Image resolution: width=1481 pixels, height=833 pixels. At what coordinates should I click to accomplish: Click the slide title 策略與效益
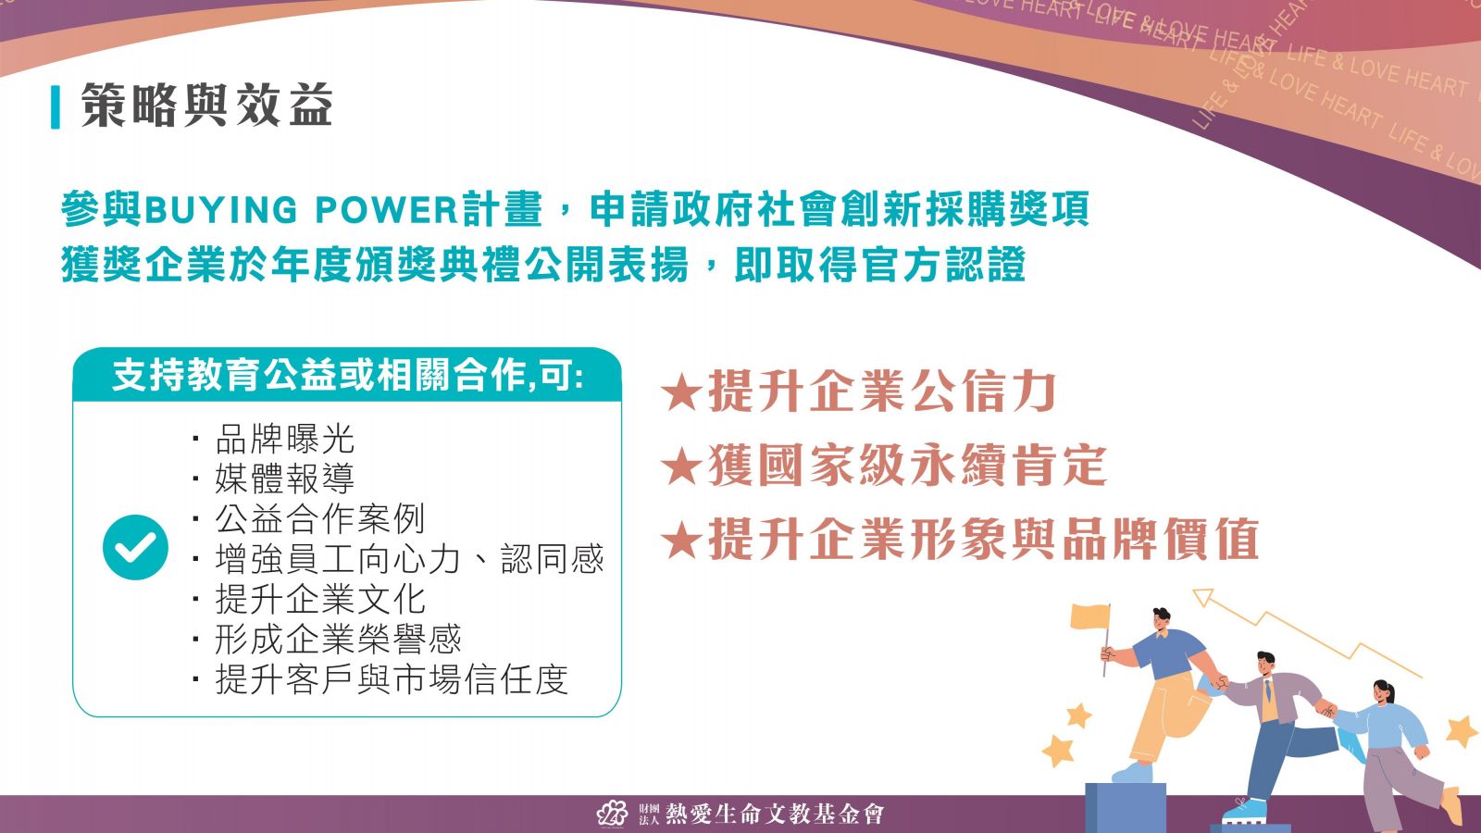(x=206, y=106)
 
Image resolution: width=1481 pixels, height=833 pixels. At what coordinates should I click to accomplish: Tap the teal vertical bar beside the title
(x=56, y=107)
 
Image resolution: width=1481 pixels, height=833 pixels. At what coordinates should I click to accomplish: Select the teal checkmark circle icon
(x=135, y=547)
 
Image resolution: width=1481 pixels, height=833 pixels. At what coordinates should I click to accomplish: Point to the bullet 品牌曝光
(x=285, y=439)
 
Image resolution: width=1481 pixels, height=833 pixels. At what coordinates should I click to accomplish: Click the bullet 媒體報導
(x=285, y=479)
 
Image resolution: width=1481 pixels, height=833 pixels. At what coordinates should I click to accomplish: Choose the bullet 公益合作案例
(x=320, y=519)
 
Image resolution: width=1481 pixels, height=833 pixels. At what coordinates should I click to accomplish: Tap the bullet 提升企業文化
(x=320, y=599)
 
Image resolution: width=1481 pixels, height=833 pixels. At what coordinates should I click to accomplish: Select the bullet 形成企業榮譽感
(x=338, y=640)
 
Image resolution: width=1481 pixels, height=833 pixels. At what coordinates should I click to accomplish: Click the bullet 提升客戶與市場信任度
(x=392, y=679)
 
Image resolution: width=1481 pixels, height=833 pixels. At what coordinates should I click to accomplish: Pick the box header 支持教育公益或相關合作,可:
(x=348, y=376)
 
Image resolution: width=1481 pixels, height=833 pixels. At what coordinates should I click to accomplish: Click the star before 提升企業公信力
(x=681, y=392)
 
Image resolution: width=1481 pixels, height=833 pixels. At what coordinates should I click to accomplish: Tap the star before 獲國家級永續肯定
(x=681, y=466)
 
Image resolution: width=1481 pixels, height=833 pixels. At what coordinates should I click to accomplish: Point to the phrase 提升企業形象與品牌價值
(x=983, y=539)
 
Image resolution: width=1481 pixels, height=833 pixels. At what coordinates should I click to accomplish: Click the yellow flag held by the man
(x=1089, y=616)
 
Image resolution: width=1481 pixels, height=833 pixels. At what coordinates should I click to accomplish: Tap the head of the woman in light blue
(x=1383, y=692)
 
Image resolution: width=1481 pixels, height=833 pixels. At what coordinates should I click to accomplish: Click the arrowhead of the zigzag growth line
(x=1203, y=598)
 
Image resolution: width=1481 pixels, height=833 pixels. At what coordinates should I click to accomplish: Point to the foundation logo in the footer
(x=612, y=814)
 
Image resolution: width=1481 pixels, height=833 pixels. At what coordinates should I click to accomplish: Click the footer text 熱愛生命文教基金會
(x=774, y=814)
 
